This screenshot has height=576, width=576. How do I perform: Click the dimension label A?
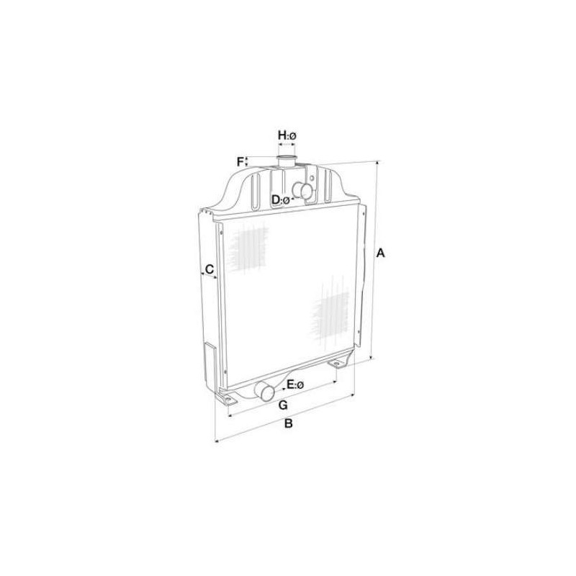(381, 253)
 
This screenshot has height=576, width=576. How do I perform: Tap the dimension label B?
(289, 423)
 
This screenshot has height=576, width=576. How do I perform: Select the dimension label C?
(210, 269)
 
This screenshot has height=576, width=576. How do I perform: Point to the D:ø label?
(281, 200)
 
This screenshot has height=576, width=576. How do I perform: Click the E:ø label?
(295, 384)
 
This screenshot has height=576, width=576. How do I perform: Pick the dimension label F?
(240, 161)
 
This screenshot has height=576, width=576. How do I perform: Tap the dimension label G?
(283, 405)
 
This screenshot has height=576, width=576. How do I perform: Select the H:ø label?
(287, 135)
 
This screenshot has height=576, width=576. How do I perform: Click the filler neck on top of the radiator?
(287, 162)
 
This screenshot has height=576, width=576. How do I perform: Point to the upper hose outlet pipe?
(302, 191)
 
